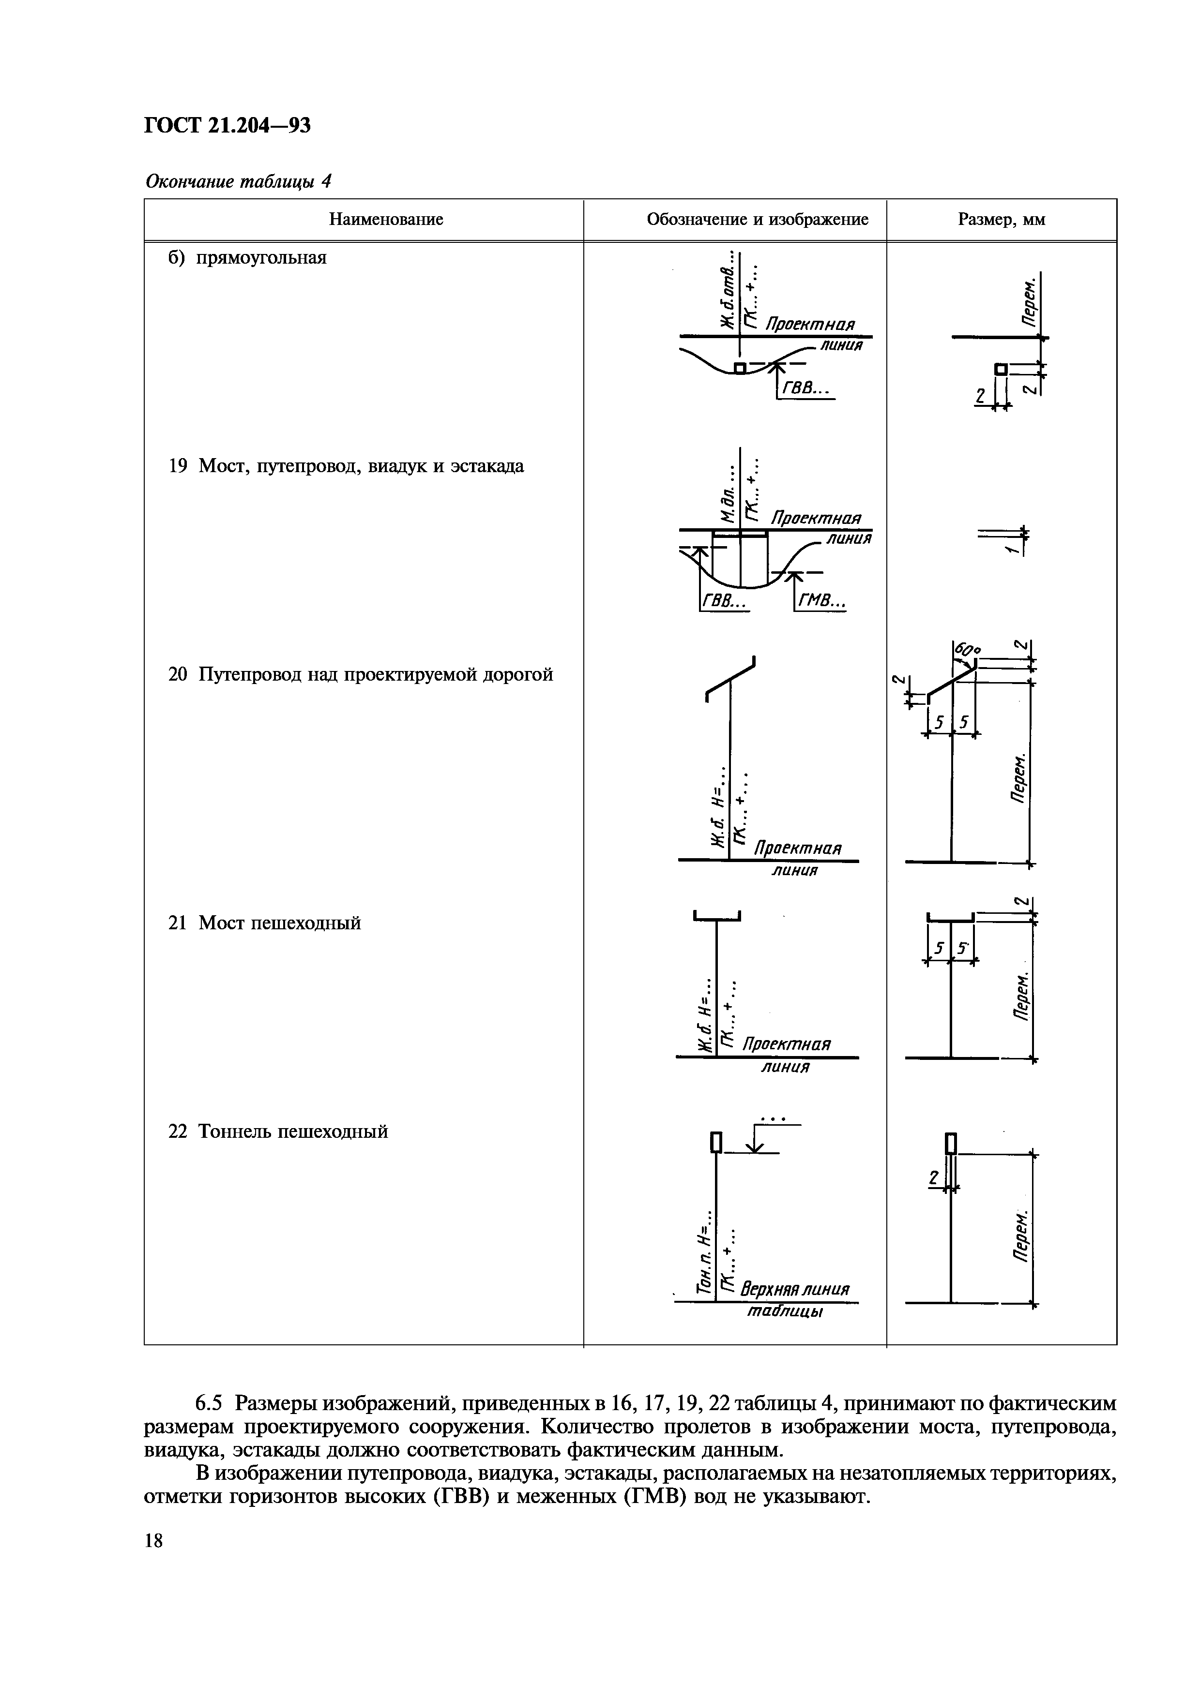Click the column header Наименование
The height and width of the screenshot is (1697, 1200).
tap(385, 220)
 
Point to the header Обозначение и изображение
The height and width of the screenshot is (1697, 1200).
tap(757, 220)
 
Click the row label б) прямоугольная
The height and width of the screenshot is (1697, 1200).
tap(248, 258)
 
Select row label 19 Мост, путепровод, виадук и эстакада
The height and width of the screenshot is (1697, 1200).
tap(346, 466)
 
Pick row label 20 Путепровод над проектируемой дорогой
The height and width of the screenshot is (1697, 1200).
tap(360, 675)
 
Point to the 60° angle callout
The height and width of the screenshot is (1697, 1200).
tap(967, 651)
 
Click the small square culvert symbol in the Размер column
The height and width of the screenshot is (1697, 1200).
tap(1001, 369)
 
